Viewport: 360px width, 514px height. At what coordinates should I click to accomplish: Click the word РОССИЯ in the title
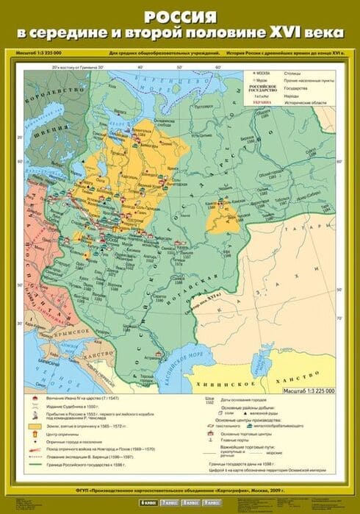pos(179,15)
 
